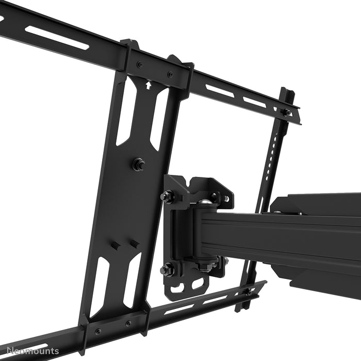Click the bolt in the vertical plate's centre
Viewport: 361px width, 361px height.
(138, 165)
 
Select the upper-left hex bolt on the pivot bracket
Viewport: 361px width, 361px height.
(168, 196)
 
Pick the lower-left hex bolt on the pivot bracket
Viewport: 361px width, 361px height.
(166, 269)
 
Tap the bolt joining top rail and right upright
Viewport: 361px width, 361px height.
(285, 112)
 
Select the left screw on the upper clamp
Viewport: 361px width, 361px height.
(140, 64)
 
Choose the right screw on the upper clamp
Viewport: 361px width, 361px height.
(170, 74)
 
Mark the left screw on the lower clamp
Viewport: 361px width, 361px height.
(98, 331)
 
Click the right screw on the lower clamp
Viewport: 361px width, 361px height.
(128, 324)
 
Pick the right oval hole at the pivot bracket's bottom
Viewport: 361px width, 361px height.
(198, 283)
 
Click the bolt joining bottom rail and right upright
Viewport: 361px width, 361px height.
(248, 292)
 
